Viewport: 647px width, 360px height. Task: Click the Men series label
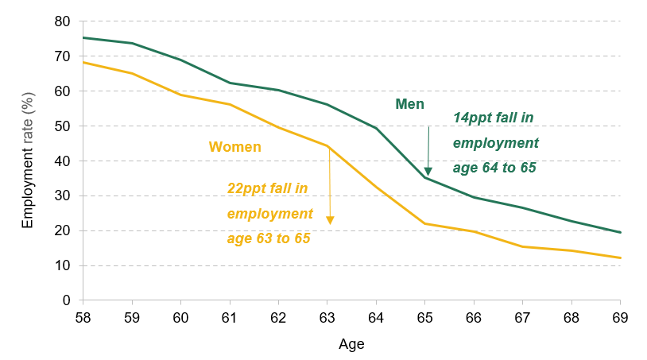tap(409, 104)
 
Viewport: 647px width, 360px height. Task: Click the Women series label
tap(234, 147)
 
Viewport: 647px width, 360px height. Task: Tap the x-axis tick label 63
tap(327, 318)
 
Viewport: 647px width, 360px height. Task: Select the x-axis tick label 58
tap(83, 318)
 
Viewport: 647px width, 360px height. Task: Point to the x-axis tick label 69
tap(620, 318)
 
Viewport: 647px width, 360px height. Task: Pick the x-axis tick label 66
tap(474, 318)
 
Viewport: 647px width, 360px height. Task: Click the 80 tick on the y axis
tap(62, 21)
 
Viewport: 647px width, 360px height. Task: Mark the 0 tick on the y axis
tap(67, 300)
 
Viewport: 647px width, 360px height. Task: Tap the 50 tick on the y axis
tap(62, 126)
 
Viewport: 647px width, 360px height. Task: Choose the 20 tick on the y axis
tap(62, 231)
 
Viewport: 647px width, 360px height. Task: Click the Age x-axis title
tap(351, 344)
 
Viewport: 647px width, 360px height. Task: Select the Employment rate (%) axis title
tap(28, 161)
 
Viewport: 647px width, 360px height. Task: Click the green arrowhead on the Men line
tap(428, 172)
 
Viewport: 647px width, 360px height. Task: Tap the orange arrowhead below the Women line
tap(330, 220)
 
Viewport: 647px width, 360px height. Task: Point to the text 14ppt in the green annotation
tap(470, 118)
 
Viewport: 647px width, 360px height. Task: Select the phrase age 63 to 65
tap(269, 238)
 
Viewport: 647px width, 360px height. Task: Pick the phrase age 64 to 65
tap(494, 168)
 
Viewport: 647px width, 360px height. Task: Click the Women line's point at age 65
tap(424, 223)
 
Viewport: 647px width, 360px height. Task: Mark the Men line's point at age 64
tap(376, 128)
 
